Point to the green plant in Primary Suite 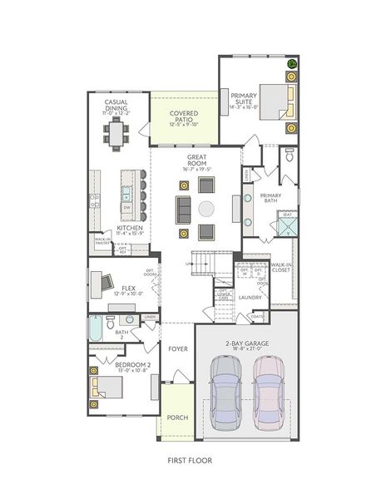coord(292,64)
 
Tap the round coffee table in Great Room coord(205,207)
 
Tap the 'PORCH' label coord(176,418)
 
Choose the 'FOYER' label coord(177,349)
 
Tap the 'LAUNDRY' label coord(250,296)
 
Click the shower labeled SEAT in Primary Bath coord(287,223)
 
